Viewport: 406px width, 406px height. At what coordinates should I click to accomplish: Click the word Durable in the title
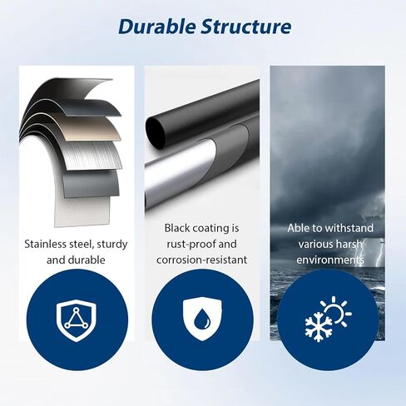tap(157, 27)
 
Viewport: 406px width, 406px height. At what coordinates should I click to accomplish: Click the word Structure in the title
tap(246, 27)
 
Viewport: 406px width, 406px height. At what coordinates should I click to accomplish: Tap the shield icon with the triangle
tap(76, 321)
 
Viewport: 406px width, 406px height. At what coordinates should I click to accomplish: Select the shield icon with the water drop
tap(202, 319)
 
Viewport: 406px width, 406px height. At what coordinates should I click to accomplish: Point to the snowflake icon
tap(319, 325)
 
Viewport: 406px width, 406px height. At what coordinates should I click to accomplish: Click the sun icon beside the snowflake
tap(336, 312)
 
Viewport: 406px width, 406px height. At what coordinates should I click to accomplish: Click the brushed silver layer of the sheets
tap(92, 156)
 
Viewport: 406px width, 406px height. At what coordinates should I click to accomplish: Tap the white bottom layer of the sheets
tap(82, 210)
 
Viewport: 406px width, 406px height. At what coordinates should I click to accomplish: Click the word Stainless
tap(45, 244)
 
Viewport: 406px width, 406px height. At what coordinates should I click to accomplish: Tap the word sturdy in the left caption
tap(112, 245)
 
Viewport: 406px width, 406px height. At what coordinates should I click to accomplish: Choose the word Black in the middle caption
tap(176, 228)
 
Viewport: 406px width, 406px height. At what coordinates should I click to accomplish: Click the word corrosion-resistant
tap(202, 260)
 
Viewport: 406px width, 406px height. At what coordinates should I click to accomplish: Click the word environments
tap(330, 260)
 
